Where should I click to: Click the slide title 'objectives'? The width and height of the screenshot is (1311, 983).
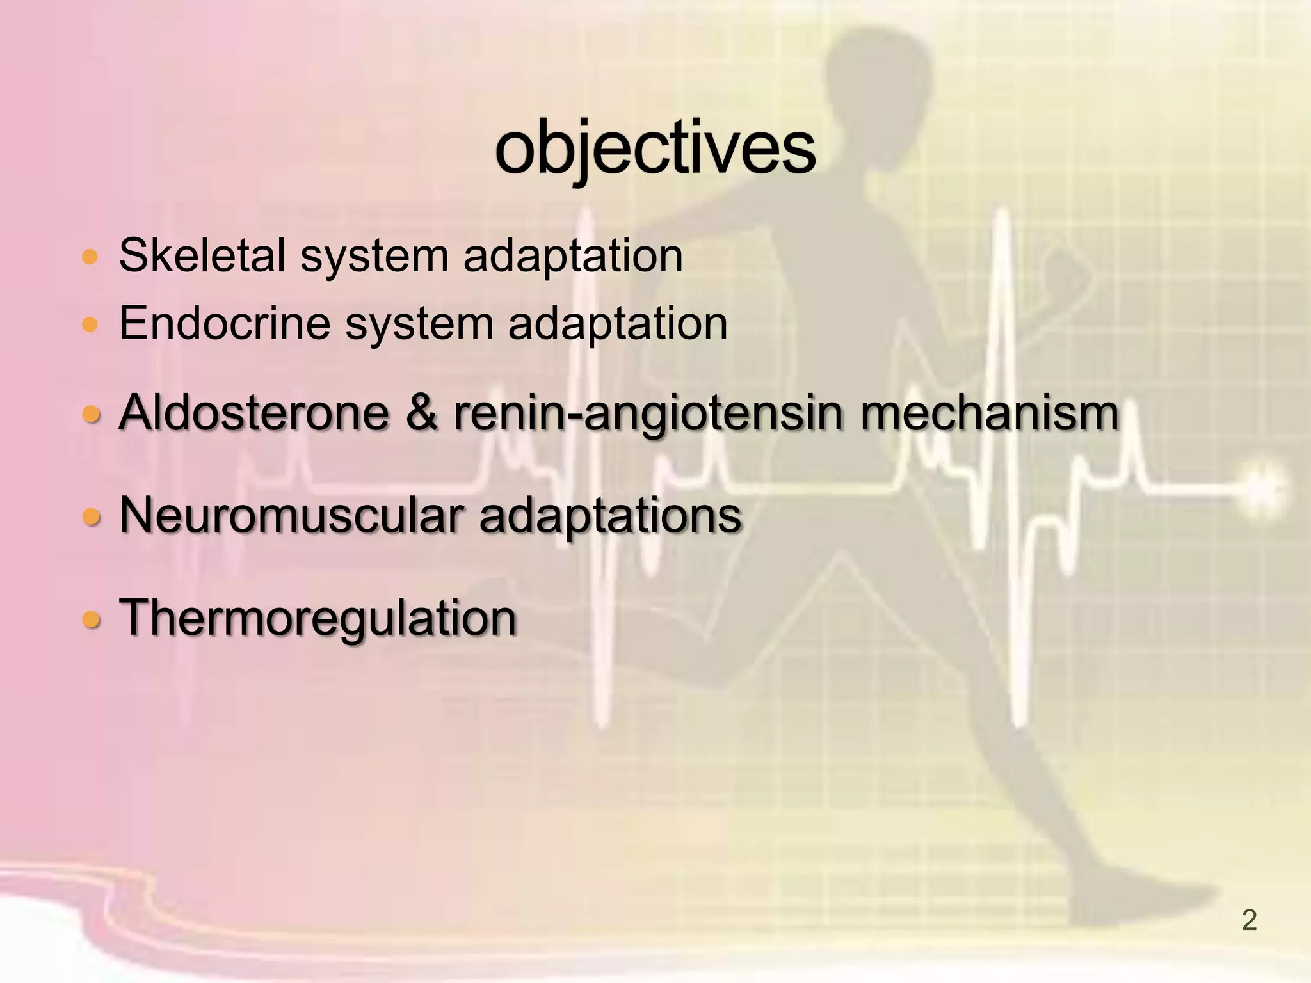tap(655, 148)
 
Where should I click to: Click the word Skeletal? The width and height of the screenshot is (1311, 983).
tap(202, 255)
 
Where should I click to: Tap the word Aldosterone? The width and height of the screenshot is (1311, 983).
tap(253, 412)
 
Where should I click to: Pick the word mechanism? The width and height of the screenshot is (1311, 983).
tap(989, 412)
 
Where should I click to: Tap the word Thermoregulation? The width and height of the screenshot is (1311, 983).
tap(318, 618)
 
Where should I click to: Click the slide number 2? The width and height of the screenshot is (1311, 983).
tap(1249, 920)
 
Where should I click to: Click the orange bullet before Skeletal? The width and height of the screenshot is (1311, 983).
tap(90, 258)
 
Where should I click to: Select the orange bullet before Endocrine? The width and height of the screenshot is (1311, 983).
tap(90, 325)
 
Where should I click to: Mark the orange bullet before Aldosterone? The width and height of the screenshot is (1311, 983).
tap(92, 415)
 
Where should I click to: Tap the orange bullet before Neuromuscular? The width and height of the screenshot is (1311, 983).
tap(92, 516)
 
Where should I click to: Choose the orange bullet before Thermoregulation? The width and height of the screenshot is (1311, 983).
tap(92, 619)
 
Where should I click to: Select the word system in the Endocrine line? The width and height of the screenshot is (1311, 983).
tap(419, 324)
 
